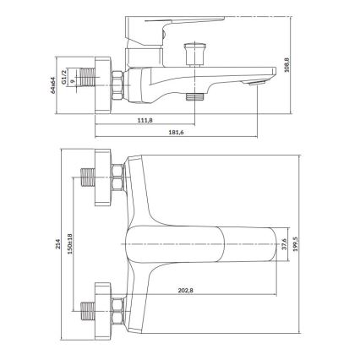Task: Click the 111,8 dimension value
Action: point(145,120)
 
